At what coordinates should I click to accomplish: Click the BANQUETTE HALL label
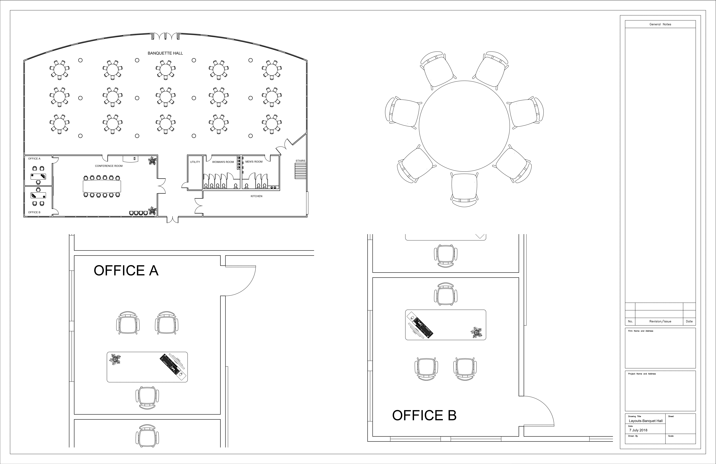[165, 53]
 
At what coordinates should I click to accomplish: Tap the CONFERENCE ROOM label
[109, 166]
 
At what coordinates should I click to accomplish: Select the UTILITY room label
[195, 162]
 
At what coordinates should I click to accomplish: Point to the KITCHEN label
[256, 196]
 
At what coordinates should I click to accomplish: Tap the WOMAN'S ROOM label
[223, 162]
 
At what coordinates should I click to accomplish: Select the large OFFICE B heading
[424, 416]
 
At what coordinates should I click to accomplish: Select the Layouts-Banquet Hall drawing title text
[646, 421]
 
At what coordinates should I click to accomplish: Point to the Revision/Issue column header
[660, 321]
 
